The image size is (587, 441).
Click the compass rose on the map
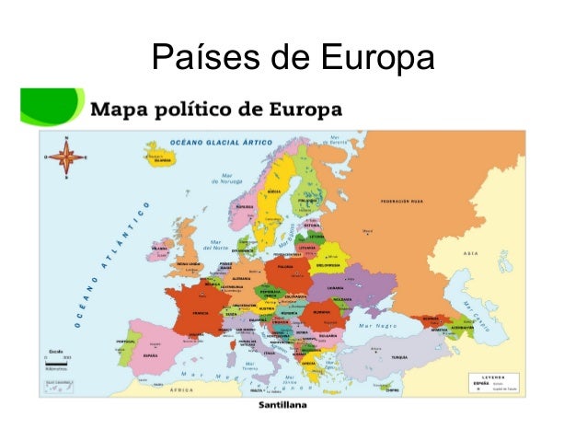tap(66, 156)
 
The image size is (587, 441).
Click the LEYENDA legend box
tap(495, 380)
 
